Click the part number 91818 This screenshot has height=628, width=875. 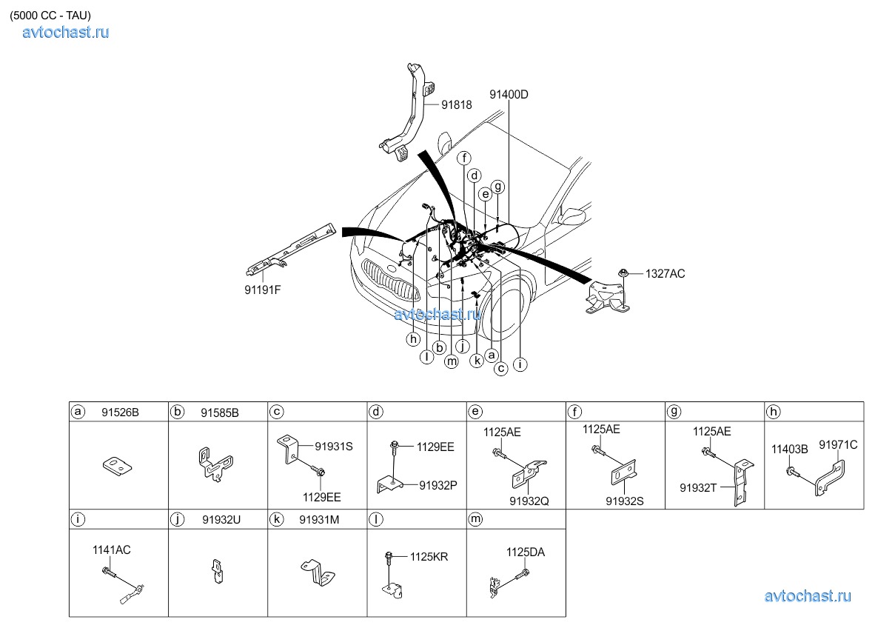point(457,105)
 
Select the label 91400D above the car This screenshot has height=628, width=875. point(509,94)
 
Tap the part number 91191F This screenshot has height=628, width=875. point(262,290)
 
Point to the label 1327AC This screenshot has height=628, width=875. point(665,273)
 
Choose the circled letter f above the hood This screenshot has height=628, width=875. point(463,158)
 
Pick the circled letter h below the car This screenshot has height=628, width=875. point(413,339)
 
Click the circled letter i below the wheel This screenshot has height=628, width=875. point(520,364)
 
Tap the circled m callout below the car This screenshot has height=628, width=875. point(452,361)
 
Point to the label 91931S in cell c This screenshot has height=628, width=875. point(333,447)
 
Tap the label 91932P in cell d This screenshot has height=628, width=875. point(437,485)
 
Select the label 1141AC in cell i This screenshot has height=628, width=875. point(111,549)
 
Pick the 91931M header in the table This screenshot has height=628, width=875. point(319,520)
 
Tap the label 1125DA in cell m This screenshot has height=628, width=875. point(525,552)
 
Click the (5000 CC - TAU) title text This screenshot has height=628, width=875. point(50,15)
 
